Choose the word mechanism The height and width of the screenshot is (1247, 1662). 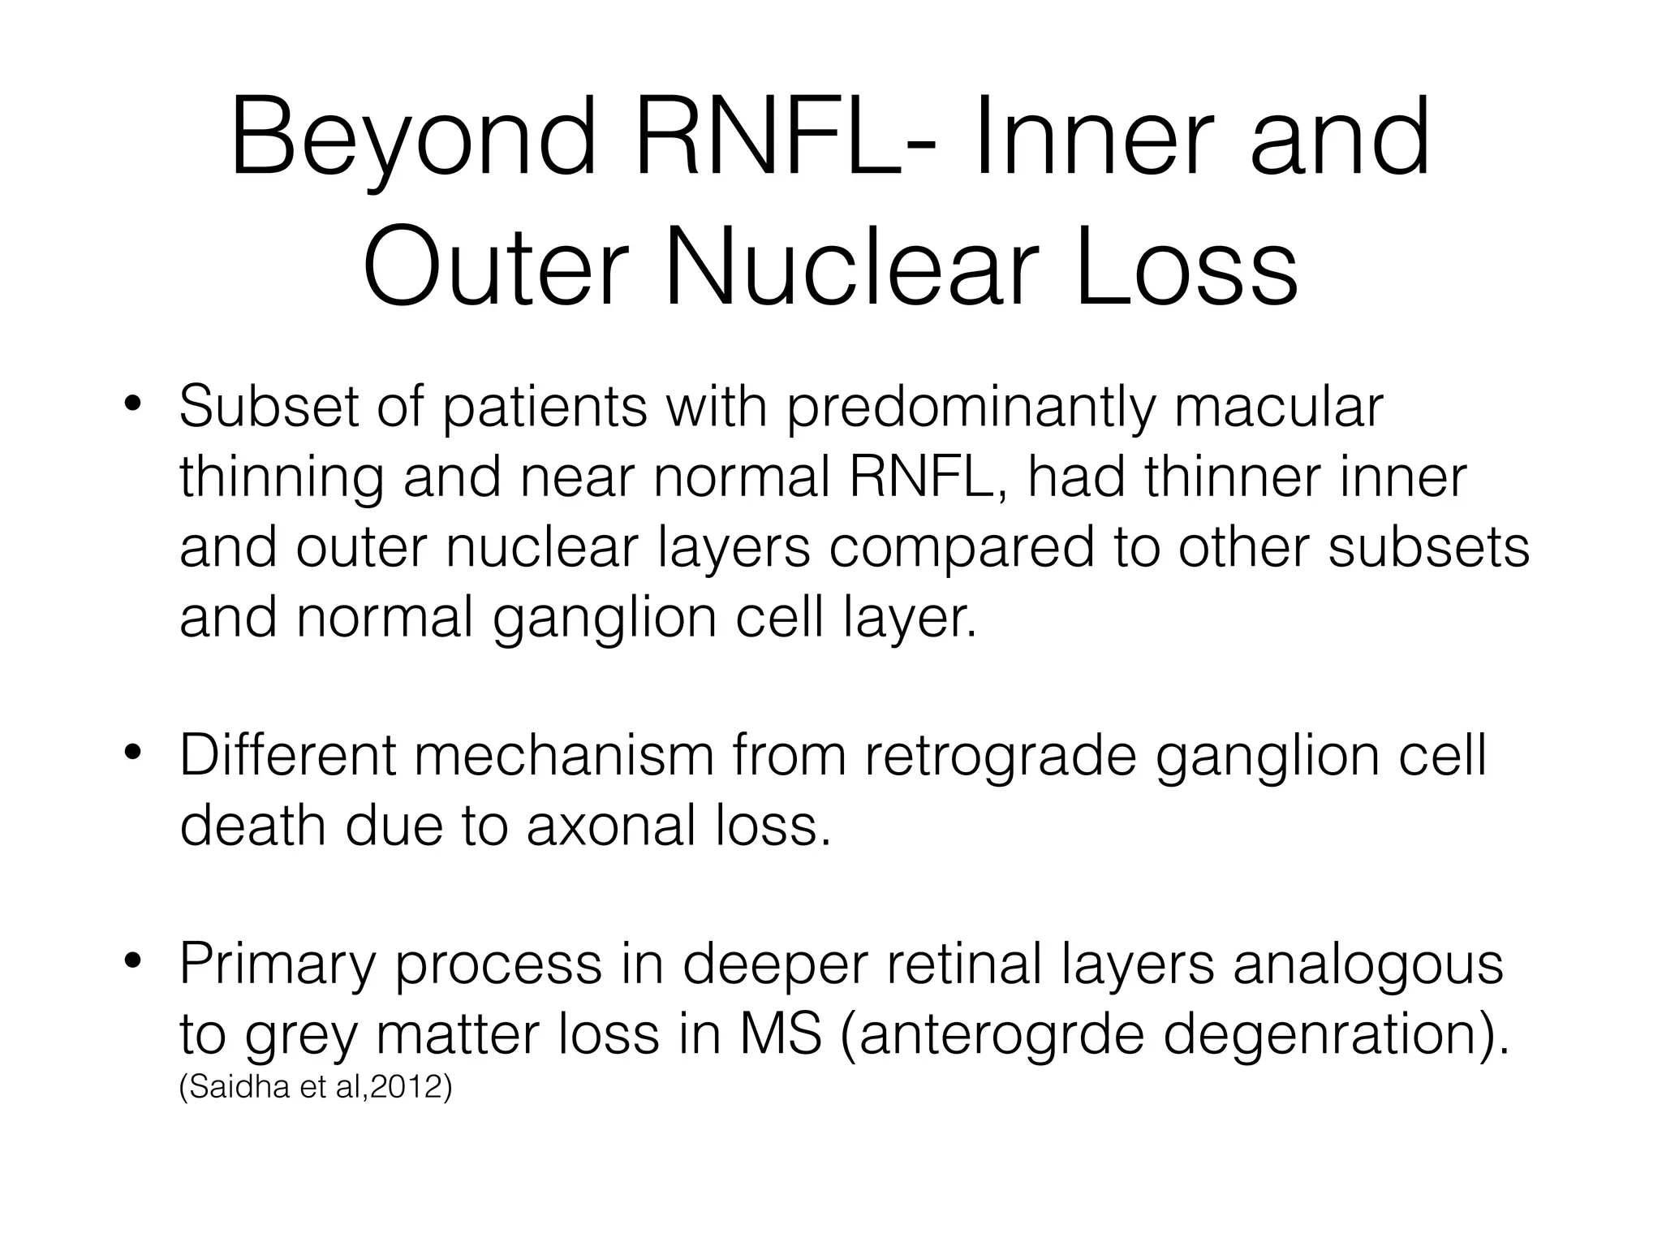pos(564,755)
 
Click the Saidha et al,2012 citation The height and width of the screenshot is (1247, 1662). pos(315,1088)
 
